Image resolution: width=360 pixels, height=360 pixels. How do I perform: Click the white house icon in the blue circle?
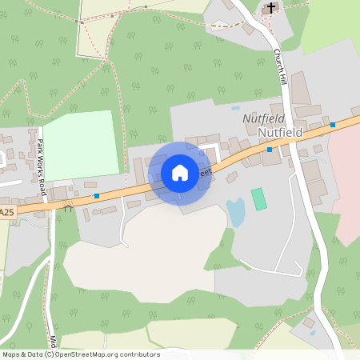pyautogui.click(x=180, y=173)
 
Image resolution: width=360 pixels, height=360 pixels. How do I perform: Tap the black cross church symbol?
pyautogui.click(x=271, y=8)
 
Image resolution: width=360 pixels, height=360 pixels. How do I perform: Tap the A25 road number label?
pyautogui.click(x=7, y=212)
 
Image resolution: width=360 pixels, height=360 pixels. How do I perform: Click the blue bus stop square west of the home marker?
pyautogui.click(x=97, y=195)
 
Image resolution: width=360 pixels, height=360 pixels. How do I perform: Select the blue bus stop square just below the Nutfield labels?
pyautogui.click(x=270, y=149)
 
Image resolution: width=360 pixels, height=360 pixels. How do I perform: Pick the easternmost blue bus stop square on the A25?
pyautogui.click(x=333, y=124)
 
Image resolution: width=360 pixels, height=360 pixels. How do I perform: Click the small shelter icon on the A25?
pyautogui.click(x=68, y=209)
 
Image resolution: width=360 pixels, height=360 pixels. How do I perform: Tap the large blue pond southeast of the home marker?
pyautogui.click(x=236, y=212)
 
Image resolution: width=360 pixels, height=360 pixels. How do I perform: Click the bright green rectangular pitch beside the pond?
pyautogui.click(x=258, y=198)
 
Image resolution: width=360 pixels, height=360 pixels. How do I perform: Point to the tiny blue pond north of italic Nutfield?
pyautogui.click(x=236, y=107)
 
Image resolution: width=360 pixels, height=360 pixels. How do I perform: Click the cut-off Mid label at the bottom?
pyautogui.click(x=53, y=342)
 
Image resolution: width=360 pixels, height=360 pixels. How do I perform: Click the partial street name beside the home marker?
pyautogui.click(x=205, y=172)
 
